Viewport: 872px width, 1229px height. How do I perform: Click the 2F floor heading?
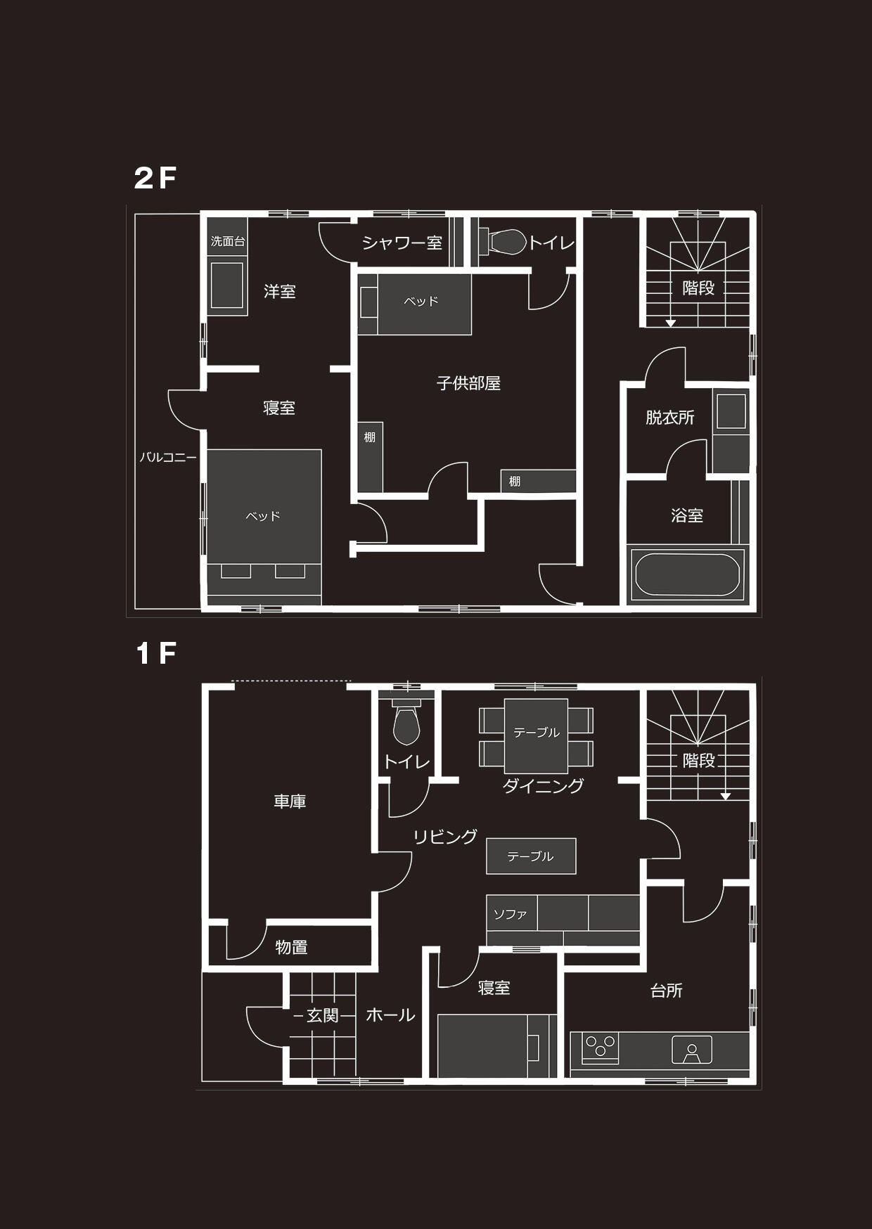coord(155,179)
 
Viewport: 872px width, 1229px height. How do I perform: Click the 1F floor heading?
coord(156,654)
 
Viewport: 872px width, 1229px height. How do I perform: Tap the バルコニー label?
coord(168,457)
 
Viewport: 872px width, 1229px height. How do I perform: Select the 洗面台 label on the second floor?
coord(228,241)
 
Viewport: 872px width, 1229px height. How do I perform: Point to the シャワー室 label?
coord(402,243)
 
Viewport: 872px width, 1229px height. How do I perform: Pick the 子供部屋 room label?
coord(468,383)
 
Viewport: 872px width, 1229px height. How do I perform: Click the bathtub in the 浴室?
coord(687,575)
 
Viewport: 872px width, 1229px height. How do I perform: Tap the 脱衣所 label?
coord(670,418)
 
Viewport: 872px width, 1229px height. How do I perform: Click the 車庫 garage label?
coord(290,802)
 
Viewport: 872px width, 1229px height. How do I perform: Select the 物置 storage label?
coord(291,947)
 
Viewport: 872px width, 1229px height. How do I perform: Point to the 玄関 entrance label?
coord(323,1015)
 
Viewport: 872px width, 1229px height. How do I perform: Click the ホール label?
coord(390,1015)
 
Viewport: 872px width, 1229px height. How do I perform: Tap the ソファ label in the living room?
coord(511,915)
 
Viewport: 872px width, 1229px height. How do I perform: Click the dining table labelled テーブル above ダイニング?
coord(536,736)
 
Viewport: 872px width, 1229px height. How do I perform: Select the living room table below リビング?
coord(531,856)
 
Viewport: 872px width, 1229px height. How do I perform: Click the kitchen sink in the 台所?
coord(692,1050)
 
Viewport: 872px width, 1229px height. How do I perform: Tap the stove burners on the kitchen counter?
coord(601,1046)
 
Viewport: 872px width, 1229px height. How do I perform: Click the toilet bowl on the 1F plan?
coord(406,725)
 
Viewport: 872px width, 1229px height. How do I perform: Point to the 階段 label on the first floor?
coord(698,760)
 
